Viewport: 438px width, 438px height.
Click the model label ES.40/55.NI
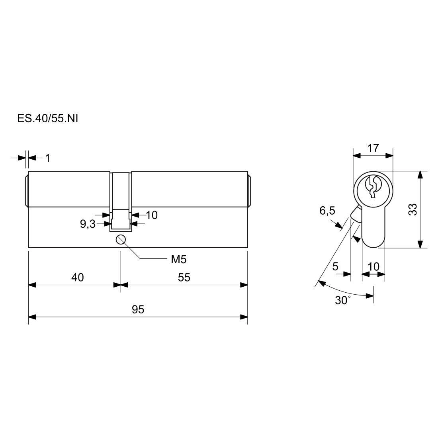[47, 119]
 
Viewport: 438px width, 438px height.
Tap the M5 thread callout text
[179, 260]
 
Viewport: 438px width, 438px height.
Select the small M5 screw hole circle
[120, 239]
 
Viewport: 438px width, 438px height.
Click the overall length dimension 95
[138, 309]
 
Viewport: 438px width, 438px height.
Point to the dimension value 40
[77, 278]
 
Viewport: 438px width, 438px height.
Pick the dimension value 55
[184, 278]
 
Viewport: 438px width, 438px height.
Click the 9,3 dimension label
[88, 224]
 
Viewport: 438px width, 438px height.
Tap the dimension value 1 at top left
[48, 158]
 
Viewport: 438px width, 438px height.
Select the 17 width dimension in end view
[373, 148]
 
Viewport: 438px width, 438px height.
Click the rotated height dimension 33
[413, 209]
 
